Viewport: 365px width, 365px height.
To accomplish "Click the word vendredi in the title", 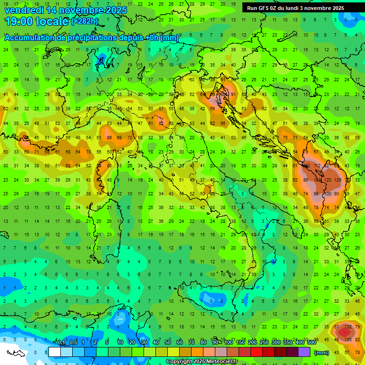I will tap(24, 10).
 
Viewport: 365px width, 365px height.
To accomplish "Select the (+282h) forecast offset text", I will tap(85, 21).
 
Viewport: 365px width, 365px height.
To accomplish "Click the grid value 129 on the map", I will tap(337, 180).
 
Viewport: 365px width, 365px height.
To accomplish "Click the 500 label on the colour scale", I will tap(311, 343).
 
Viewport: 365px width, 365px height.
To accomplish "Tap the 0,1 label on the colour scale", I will tap(62, 343).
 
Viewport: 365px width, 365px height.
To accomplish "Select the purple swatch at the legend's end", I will tap(304, 352).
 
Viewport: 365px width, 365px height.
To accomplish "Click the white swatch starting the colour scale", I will tap(55, 352).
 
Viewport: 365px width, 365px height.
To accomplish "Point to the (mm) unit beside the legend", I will tap(322, 353).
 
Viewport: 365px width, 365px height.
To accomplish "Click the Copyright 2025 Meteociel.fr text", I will tap(202, 362).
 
